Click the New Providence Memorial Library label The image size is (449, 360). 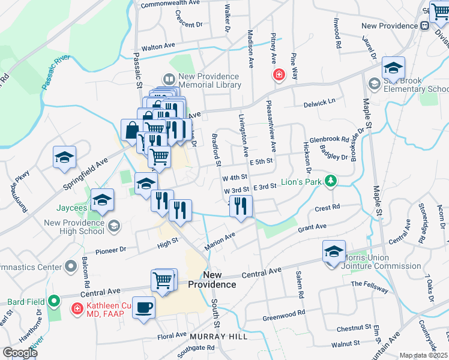click(x=209, y=80)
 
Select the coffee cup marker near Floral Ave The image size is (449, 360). click(x=143, y=308)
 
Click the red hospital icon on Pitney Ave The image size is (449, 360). click(x=279, y=75)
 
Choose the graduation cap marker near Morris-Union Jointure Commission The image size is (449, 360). click(x=334, y=251)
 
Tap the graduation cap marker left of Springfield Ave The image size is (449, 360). click(x=64, y=158)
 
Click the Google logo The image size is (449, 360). click(x=20, y=353)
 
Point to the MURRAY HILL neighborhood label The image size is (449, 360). click(x=218, y=337)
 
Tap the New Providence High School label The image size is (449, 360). click(x=75, y=226)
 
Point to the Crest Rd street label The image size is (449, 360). click(x=327, y=207)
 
